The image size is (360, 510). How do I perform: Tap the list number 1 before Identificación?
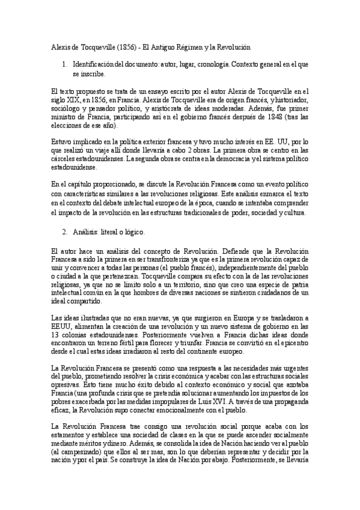[x=64, y=63]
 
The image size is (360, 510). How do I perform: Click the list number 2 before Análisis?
[x=64, y=229]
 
